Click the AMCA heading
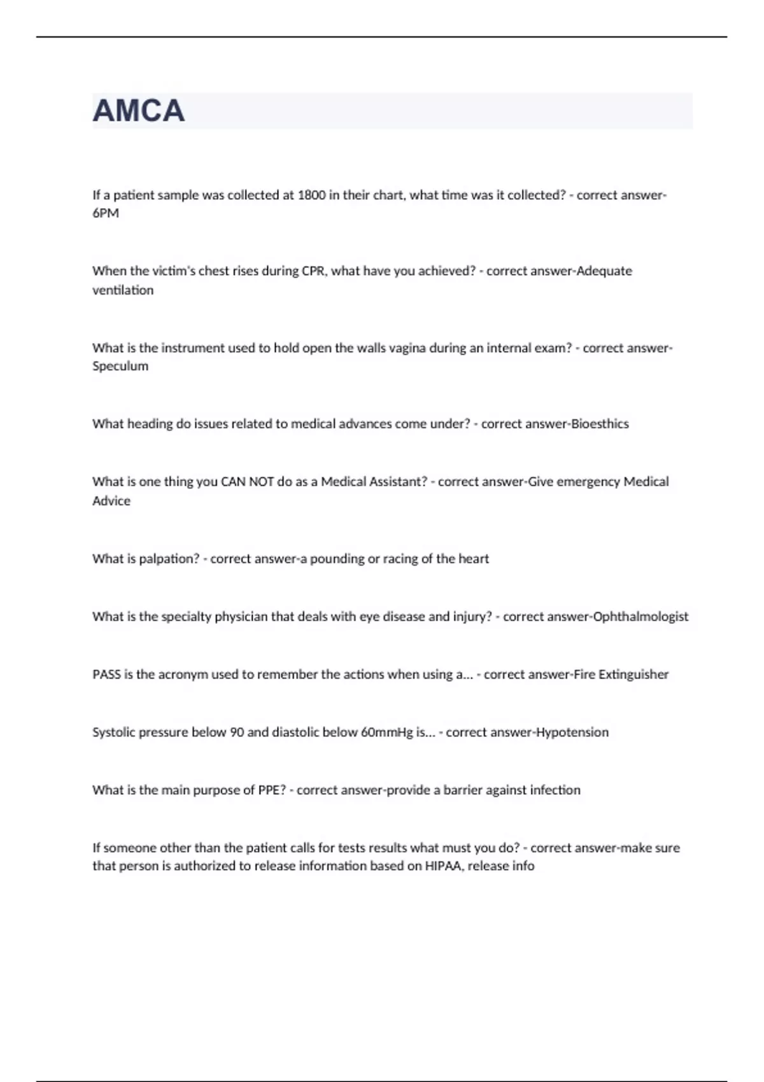(139, 111)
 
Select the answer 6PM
(106, 213)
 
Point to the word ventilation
(123, 290)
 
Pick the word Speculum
(120, 366)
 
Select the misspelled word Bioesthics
(600, 424)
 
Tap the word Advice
(111, 501)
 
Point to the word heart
(474, 559)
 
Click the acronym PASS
(106, 675)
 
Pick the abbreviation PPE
(272, 790)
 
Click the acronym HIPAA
(444, 866)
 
